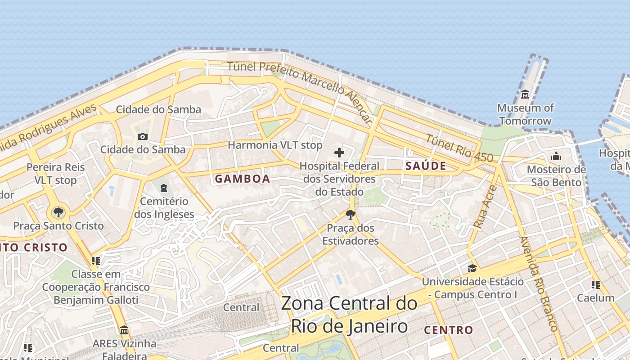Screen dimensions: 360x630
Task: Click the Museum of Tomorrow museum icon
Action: coord(525,94)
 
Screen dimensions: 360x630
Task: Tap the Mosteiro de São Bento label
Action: coord(556,176)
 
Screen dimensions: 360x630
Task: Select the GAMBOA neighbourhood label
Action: coord(242,179)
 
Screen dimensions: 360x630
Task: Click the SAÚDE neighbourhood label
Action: coord(426,166)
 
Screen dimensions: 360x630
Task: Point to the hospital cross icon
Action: coord(339,153)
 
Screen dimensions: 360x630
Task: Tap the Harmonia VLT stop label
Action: coord(275,145)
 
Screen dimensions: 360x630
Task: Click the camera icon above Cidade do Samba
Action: coord(143,136)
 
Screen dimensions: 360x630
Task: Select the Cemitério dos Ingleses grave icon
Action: coord(164,187)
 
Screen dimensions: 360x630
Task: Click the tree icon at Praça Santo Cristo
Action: coord(58,212)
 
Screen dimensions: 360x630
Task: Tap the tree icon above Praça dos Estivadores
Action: coord(351,214)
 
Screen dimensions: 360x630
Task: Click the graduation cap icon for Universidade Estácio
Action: coord(472,269)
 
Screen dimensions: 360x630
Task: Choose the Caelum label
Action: coord(595,297)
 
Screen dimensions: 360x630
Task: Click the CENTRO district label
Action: coord(448,330)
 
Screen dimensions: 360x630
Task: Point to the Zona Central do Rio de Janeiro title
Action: coord(349,315)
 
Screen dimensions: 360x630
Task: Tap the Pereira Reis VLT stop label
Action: coord(55,174)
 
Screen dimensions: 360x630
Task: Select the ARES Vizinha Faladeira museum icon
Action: coord(124,330)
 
